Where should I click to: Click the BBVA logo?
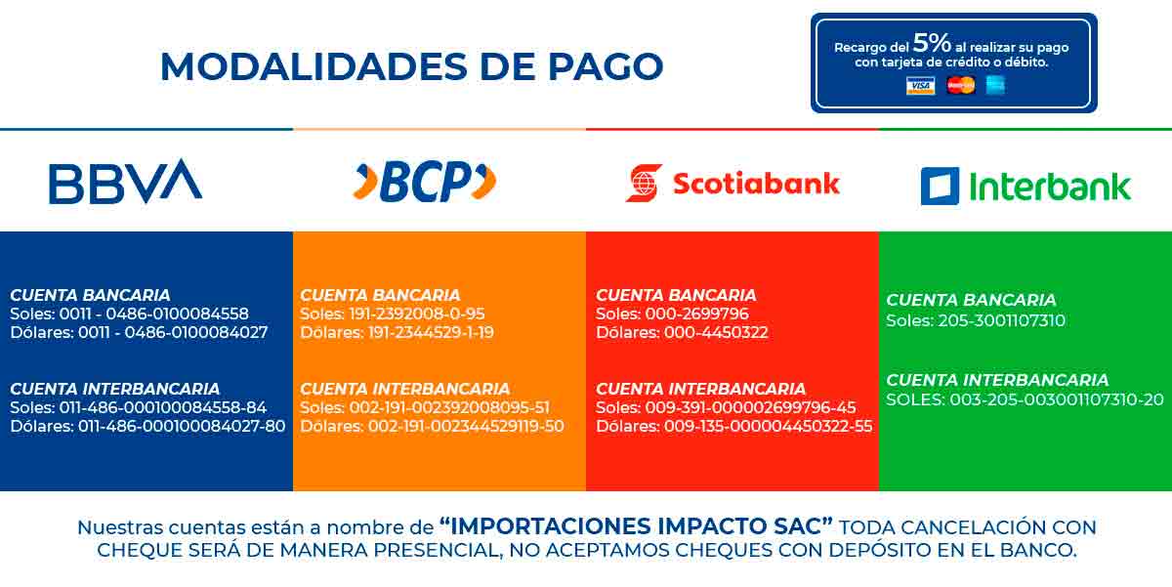tap(126, 182)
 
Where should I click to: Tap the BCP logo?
tap(425, 182)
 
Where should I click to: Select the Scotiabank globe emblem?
tap(644, 183)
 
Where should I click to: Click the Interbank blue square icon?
tap(941, 187)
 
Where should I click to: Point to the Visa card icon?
tap(920, 85)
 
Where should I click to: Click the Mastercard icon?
tap(961, 85)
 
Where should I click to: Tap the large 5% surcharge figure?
tap(932, 43)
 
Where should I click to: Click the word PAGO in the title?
tap(606, 67)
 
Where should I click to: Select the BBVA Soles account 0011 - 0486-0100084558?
tap(154, 314)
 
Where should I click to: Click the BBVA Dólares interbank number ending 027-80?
tap(182, 426)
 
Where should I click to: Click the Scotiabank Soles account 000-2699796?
tap(697, 314)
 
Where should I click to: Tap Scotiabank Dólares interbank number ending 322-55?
tap(768, 426)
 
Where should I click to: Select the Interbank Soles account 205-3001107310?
tap(1001, 320)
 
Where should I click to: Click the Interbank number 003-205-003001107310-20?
tap(1057, 399)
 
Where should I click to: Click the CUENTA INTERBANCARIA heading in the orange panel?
tap(405, 389)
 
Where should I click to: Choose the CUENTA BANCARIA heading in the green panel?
tap(971, 300)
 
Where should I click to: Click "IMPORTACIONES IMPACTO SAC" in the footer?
tap(636, 526)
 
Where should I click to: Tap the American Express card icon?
tap(995, 85)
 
